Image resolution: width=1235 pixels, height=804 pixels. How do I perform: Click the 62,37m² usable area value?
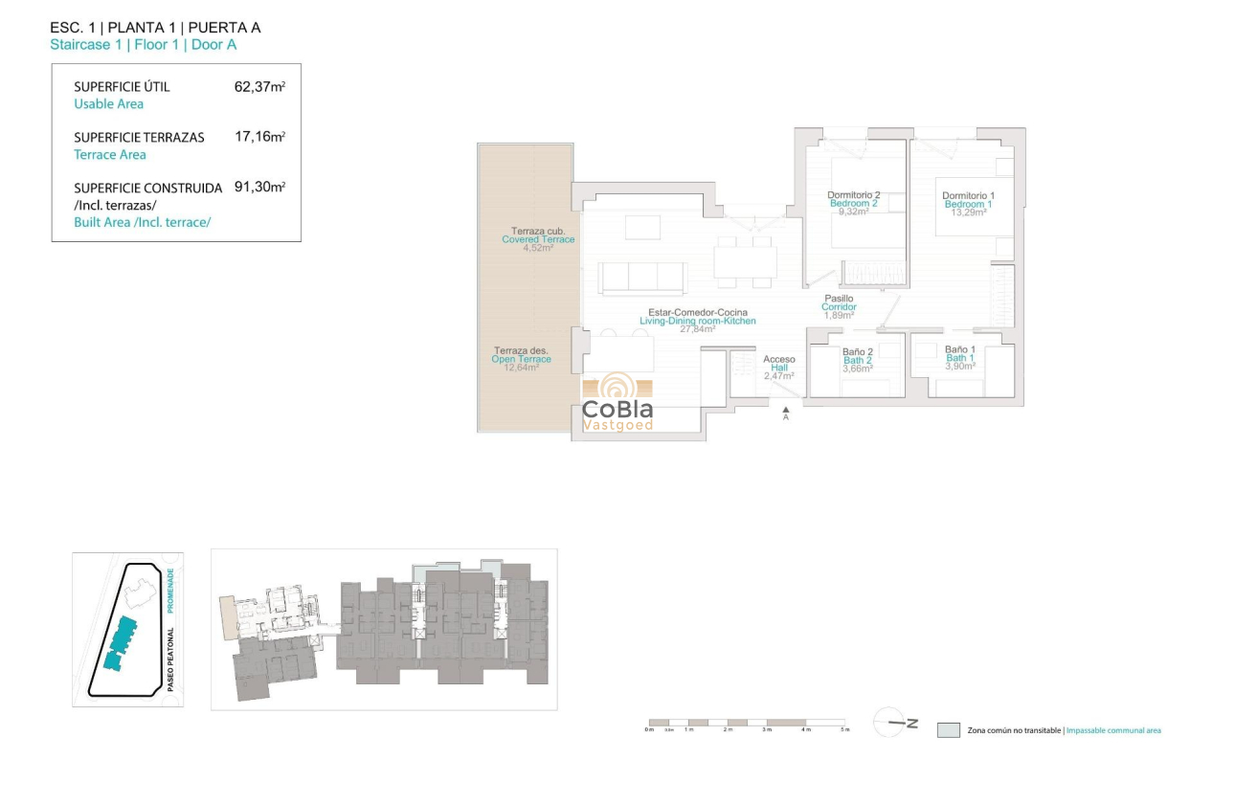coord(259,86)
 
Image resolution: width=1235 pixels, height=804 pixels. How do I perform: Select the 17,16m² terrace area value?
coord(259,137)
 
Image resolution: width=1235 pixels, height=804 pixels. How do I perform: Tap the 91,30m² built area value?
coord(259,188)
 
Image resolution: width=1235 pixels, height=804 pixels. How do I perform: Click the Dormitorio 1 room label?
coord(968,196)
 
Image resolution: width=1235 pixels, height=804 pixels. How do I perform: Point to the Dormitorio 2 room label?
coord(853,196)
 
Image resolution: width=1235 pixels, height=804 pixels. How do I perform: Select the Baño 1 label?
coord(959,350)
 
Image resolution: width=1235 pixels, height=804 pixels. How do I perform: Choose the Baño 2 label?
coord(857,352)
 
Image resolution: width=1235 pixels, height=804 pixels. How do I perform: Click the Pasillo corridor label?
coord(839,299)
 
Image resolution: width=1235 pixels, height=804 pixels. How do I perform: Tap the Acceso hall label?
coord(778,360)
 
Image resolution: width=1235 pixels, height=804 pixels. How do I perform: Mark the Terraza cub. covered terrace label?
coord(538,232)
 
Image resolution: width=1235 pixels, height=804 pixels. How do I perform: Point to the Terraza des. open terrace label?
coord(521,350)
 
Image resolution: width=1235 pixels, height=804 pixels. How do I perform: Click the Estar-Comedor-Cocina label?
coord(697,313)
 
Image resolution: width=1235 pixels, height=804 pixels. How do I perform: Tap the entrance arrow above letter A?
coord(786,409)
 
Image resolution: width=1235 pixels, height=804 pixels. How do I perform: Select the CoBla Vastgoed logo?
coord(617,403)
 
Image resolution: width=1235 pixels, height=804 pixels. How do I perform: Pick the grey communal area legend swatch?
coord(948,730)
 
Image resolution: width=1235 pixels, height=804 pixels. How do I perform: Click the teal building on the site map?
coord(121,642)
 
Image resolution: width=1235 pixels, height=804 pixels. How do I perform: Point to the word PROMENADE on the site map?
coord(171,592)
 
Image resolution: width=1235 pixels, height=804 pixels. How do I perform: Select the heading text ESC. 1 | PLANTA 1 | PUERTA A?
coord(154,28)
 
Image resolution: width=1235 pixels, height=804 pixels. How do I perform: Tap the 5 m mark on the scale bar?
coord(844,729)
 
